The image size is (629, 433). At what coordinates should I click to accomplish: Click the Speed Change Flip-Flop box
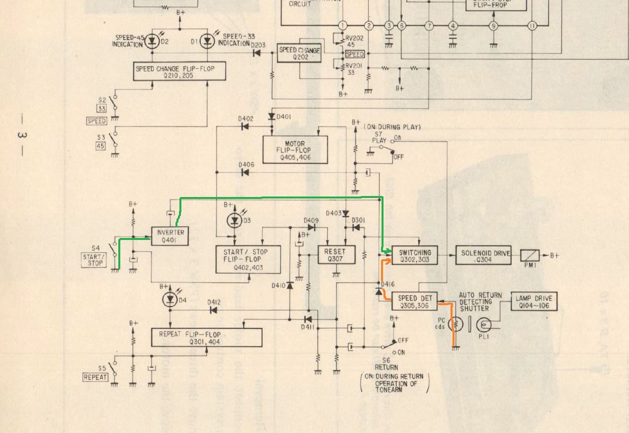coord(180,72)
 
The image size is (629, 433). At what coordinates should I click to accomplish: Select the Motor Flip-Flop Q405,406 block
coord(295,150)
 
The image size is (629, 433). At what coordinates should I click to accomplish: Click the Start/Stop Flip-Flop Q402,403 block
coord(248,260)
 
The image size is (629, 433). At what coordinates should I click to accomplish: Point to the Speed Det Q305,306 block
coord(414,301)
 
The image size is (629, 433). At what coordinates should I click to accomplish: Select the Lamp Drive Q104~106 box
coord(534,301)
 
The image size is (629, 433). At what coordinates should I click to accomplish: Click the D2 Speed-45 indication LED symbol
coord(152,42)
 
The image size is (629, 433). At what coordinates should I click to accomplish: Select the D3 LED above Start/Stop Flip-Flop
coord(235,220)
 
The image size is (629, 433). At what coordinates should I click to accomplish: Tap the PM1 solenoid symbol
coord(530,256)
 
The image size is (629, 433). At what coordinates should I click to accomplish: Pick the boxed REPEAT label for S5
coord(95,377)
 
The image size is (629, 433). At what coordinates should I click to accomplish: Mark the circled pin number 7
coord(429,26)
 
